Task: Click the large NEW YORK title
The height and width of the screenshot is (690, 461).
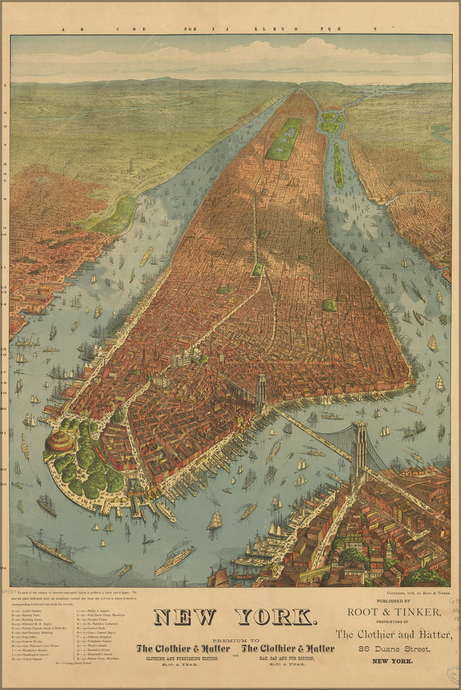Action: (234, 616)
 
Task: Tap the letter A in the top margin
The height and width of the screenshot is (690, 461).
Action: (63, 29)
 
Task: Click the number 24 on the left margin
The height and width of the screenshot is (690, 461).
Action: (5, 567)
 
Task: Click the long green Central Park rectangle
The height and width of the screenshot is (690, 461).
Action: (284, 139)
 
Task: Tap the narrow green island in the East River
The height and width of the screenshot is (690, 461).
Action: (339, 166)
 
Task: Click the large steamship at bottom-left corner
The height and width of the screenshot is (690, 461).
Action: (50, 549)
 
